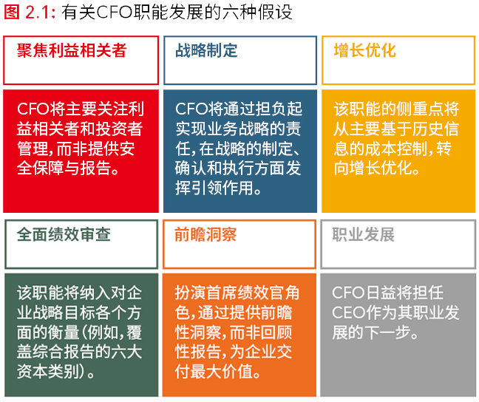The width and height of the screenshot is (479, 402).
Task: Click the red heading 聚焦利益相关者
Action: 72,50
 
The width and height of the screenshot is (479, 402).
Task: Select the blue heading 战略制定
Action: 206,50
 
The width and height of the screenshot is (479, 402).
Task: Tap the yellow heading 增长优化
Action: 365,50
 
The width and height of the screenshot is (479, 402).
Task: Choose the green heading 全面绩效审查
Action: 64,234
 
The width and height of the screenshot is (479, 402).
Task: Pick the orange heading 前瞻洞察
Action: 205,234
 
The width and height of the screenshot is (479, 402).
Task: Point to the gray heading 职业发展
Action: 364,234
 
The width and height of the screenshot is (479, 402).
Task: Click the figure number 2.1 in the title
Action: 38,13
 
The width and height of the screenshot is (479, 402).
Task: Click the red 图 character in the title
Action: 13,13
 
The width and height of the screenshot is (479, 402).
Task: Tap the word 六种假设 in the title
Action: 257,13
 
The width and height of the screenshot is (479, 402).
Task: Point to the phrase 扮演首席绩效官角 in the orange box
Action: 237,293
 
